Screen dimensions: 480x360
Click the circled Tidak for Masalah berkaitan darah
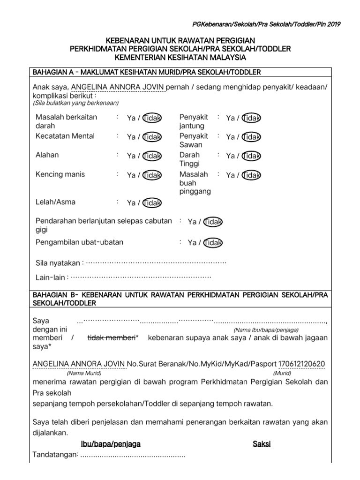point(152,118)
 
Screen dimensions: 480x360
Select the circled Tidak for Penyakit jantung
point(252,118)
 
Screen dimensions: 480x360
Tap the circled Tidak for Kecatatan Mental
point(152,137)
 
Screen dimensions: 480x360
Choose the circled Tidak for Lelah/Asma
point(152,203)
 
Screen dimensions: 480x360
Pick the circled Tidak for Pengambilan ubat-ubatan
point(213,243)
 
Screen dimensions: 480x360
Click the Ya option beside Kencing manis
point(131,175)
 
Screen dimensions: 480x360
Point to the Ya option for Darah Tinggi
point(230,156)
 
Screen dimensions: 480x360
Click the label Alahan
point(47,155)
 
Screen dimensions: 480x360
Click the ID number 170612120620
point(302,364)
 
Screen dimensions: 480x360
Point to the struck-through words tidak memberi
point(112,338)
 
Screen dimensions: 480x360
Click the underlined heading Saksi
point(262,443)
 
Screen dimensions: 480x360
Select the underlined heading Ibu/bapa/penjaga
point(111,443)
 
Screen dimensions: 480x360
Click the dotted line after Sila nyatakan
point(156,262)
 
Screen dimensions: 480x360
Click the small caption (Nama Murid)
point(84,373)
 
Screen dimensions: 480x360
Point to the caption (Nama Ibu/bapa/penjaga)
point(266,330)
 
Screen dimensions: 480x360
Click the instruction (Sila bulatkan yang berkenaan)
point(76,103)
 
